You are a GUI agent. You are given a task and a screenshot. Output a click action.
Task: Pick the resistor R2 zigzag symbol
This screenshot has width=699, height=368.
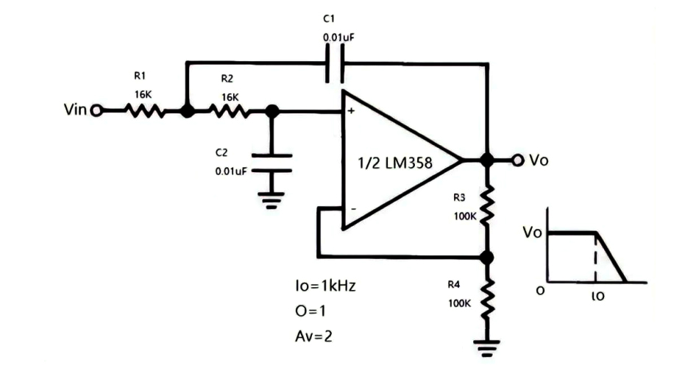pos(230,110)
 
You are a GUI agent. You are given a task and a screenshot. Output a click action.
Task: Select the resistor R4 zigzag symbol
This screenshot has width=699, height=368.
pos(486,298)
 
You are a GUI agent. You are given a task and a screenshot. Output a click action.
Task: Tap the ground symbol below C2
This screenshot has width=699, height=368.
pos(272,198)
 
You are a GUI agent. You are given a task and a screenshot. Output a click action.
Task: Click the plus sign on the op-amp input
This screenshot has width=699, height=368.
pos(351,111)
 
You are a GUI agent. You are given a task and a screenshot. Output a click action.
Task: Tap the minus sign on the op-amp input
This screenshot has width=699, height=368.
pos(352,209)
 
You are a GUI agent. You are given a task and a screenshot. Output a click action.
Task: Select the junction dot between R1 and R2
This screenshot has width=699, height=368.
pos(187,110)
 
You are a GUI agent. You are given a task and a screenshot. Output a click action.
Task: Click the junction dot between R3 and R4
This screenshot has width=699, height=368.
pos(486,257)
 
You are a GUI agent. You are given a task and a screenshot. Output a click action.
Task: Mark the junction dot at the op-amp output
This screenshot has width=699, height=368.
pos(486,160)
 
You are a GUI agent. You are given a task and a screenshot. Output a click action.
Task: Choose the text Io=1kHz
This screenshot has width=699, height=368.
pos(324,286)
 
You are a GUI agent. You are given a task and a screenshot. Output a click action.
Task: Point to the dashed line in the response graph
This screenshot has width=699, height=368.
pos(595,258)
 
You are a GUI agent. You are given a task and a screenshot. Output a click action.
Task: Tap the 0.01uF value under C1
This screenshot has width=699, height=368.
pos(338,36)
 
